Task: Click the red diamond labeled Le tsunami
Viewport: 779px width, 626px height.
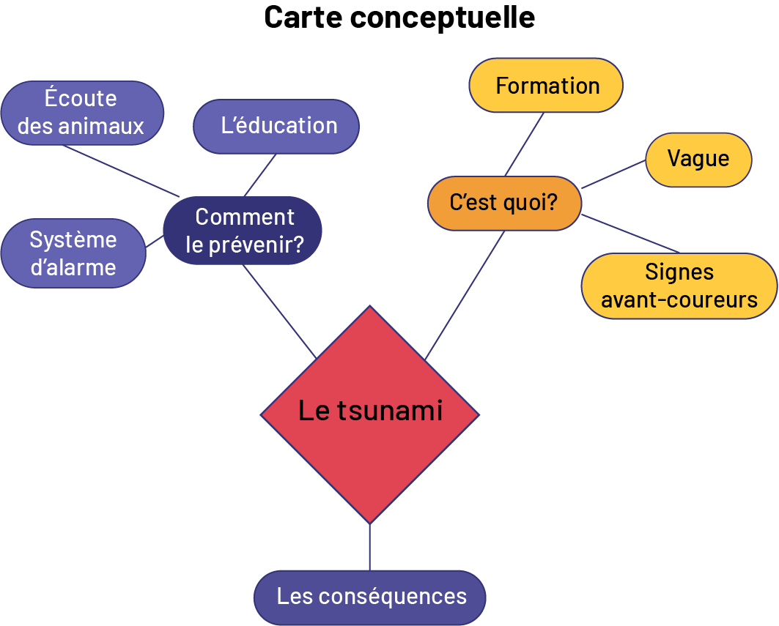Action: [370, 414]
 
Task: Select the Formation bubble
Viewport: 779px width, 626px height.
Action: [546, 86]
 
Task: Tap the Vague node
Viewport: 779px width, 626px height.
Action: [698, 159]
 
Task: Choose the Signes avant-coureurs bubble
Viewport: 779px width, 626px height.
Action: [679, 286]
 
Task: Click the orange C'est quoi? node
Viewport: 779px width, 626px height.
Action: [504, 203]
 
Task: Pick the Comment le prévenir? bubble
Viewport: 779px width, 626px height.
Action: [243, 230]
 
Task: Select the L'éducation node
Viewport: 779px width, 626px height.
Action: [276, 126]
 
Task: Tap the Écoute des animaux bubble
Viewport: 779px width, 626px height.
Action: [81, 113]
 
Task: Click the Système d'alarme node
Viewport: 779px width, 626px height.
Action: [73, 253]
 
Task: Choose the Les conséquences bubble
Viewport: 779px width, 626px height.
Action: [370, 597]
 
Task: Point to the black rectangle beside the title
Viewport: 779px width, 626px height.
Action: [131, 21]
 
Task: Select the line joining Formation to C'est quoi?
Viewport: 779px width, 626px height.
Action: [524, 144]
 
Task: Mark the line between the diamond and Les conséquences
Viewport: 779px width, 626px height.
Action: [370, 547]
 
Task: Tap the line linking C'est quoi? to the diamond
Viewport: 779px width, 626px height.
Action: [465, 294]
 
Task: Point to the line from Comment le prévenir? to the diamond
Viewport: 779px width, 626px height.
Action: [279, 311]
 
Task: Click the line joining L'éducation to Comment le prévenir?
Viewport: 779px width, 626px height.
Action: [259, 175]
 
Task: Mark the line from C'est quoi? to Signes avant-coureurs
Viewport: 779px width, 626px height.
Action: [631, 234]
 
